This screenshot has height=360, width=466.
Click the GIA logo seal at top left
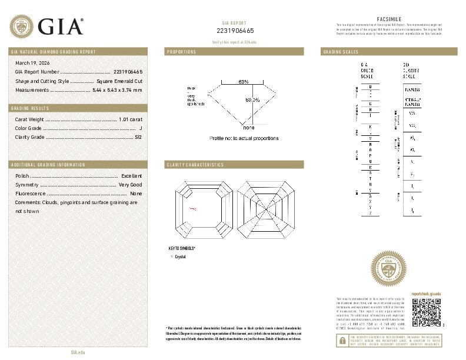[x=22, y=26]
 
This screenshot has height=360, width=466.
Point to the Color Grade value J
[x=141, y=128]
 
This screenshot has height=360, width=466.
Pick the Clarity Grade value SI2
[x=138, y=137]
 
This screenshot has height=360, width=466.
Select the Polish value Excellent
[x=131, y=176]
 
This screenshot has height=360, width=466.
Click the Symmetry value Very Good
[x=130, y=185]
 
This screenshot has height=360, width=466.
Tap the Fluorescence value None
[x=136, y=194]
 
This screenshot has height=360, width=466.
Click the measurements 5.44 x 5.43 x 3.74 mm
[x=118, y=90]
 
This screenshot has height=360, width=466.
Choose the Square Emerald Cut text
[x=119, y=81]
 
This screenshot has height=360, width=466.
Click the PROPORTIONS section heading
[x=182, y=52]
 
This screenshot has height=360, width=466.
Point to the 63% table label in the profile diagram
[x=243, y=82]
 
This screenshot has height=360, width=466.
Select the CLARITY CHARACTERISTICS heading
[x=195, y=165]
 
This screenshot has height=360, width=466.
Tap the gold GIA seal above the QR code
[x=389, y=269]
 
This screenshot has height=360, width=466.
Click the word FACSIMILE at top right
[x=388, y=19]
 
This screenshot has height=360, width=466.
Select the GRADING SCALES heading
[x=341, y=52]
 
